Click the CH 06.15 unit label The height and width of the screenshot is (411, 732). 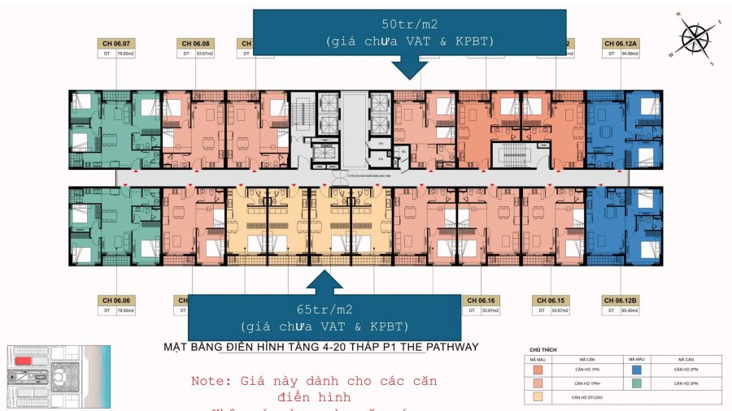tap(551, 300)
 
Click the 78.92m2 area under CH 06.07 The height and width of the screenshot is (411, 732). tap(124, 54)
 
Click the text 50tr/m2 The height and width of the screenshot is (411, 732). tap(410, 25)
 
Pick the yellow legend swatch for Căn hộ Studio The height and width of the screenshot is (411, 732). tap(537, 398)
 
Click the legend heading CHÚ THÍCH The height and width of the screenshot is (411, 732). tap(541, 348)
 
